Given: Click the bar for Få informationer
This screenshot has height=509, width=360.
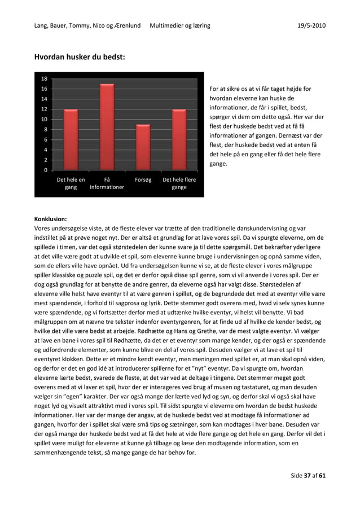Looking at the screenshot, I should point(107,127).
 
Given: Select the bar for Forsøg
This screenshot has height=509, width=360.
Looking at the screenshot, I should point(143,147).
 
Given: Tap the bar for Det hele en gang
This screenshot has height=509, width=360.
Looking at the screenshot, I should point(71,139).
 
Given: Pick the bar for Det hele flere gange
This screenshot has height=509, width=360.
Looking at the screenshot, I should point(179,139).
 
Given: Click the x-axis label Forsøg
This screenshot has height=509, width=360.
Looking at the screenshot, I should point(143,180).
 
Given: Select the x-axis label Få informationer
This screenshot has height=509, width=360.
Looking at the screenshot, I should point(107,183).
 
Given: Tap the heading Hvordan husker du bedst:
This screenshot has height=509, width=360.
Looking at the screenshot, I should point(80,57).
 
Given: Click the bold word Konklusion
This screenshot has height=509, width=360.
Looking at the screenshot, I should point(50,218).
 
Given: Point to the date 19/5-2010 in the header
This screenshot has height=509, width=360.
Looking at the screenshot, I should point(311,25).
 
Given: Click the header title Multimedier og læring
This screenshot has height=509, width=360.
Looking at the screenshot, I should point(180,25).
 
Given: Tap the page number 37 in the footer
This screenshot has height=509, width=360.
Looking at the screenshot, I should point(308,475).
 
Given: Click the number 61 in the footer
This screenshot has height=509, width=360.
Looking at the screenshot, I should point(322,475).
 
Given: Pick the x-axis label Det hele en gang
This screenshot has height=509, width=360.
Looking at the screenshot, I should point(71,183).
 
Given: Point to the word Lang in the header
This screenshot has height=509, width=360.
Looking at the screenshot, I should point(41,25).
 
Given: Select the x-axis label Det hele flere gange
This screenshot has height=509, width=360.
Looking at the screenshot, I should point(179,183).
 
